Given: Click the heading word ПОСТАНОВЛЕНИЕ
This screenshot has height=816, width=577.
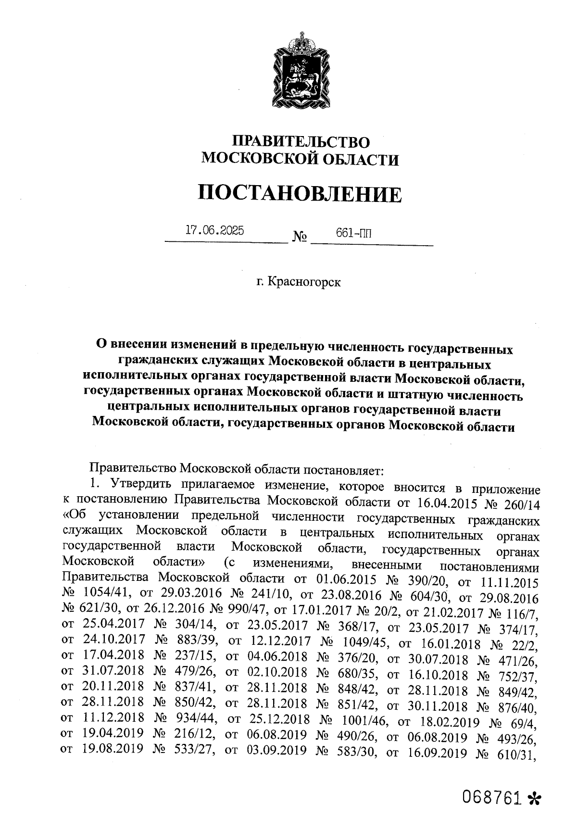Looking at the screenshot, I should (300, 194).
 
